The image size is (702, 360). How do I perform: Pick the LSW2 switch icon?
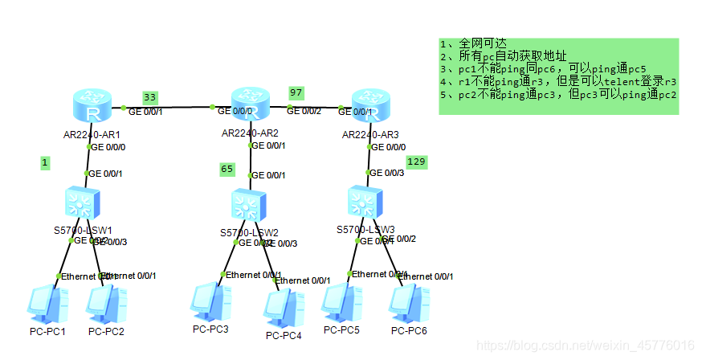coord(249,206)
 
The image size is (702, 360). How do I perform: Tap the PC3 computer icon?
coord(208,302)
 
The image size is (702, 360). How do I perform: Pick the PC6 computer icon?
coord(407,305)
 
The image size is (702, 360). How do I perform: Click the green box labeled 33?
coord(150,97)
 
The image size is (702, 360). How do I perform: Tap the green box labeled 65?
coord(227,169)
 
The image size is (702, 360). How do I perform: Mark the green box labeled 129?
coord(416,162)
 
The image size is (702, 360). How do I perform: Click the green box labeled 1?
coord(46,162)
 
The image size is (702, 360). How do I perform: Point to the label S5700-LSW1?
coord(83,231)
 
